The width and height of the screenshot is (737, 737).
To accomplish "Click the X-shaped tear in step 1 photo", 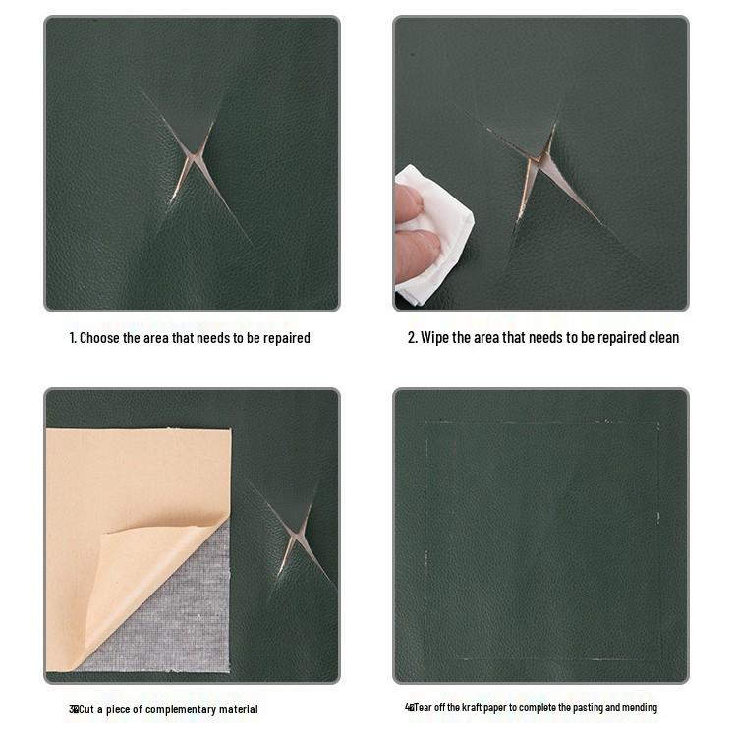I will point(193,163).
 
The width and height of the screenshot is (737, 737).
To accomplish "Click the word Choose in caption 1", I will point(100,338).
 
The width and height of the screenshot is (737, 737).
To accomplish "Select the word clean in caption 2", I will point(660,338).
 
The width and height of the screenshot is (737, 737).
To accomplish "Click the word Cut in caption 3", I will point(88,709).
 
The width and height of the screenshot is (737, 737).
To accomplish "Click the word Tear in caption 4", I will point(424,708).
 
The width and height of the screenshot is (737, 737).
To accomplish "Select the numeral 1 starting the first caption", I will point(72,338).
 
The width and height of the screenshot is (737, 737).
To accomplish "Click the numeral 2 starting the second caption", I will point(412,338).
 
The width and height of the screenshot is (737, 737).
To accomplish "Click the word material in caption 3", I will point(237,709).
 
